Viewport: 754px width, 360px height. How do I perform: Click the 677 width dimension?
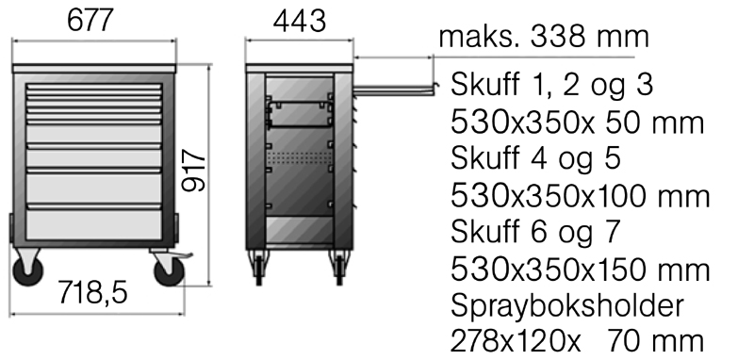pos(90,21)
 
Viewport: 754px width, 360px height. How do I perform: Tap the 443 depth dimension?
pos(299,21)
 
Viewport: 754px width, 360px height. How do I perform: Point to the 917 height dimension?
pos(194,171)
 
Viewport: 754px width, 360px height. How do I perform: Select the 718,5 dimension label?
pos(92,292)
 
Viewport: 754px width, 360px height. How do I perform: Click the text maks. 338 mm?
pos(544,37)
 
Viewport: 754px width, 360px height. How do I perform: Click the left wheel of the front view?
pos(28,270)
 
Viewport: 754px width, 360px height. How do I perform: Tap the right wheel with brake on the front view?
pos(169,270)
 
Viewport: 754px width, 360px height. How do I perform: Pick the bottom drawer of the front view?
pos(93,224)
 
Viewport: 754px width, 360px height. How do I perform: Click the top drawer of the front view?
pos(93,89)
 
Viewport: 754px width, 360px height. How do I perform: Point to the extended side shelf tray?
pos(395,90)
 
